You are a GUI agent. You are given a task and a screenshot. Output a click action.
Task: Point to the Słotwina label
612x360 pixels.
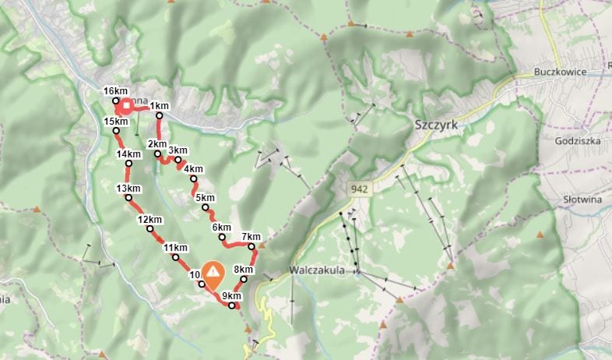(x=583, y=199)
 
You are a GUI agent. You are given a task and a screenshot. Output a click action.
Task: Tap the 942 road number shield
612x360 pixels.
(x=359, y=189)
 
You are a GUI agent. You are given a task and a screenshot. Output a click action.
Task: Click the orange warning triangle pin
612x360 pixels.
(x=212, y=274)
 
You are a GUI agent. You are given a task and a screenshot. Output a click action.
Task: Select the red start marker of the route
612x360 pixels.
(x=125, y=105)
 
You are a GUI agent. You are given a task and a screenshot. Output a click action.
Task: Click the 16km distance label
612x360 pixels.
(x=115, y=91)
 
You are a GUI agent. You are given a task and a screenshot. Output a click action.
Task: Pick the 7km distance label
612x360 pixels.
(x=251, y=236)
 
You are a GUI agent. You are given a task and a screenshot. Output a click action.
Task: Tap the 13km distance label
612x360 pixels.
(x=128, y=189)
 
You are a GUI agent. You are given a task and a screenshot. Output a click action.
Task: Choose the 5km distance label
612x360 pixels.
(x=205, y=198)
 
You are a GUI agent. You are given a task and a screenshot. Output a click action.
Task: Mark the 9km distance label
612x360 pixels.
(x=231, y=296)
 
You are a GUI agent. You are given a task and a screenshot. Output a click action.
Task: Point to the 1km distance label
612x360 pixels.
(x=160, y=106)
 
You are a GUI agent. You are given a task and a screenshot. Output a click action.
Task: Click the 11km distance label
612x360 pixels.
(x=175, y=247)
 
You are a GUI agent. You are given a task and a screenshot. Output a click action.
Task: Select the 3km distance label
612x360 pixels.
(x=178, y=150)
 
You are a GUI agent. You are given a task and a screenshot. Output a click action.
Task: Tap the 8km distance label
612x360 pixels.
(x=243, y=270)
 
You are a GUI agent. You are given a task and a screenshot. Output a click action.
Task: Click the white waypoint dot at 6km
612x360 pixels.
(x=222, y=237)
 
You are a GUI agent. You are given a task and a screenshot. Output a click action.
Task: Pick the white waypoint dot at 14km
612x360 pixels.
(x=128, y=164)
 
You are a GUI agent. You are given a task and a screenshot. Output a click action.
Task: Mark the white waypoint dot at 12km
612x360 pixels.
(x=149, y=228)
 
